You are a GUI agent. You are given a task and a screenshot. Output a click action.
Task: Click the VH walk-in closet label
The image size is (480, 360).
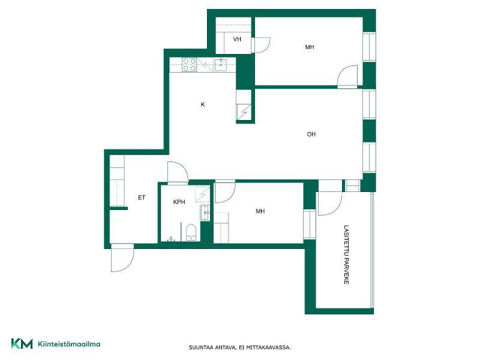click(237, 39)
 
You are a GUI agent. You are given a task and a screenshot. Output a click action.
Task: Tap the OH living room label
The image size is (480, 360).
click(311, 134)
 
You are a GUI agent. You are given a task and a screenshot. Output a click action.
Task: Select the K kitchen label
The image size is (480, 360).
click(203, 104)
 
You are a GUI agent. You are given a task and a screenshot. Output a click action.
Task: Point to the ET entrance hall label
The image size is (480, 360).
click(142, 197)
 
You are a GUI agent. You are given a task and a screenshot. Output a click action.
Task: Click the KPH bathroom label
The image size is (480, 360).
click(179, 202)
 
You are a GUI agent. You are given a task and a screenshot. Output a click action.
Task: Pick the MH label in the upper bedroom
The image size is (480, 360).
click(310, 47)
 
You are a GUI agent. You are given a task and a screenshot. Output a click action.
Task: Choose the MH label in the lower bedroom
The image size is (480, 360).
click(260, 211)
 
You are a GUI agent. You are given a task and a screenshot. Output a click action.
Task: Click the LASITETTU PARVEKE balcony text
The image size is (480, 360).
click(346, 254)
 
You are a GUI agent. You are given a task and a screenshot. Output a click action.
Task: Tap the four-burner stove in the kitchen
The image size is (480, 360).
click(189, 65)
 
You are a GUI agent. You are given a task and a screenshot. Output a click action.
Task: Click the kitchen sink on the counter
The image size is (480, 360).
click(221, 65)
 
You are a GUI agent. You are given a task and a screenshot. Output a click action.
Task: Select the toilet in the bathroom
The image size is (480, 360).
click(191, 233)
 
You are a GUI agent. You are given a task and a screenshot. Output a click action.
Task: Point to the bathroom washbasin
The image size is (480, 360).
click(205, 212)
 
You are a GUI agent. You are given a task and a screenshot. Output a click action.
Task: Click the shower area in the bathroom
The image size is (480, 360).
click(203, 194)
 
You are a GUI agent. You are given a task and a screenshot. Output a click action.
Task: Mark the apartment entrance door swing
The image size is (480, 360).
click(122, 258)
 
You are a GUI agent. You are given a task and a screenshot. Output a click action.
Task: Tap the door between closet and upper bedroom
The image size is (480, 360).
click(261, 45)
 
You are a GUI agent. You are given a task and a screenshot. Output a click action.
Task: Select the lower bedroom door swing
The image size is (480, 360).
click(225, 193)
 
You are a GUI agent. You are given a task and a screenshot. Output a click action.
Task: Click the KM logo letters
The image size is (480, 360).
click(22, 343)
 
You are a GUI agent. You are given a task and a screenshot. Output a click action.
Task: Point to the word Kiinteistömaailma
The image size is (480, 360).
click(69, 344)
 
